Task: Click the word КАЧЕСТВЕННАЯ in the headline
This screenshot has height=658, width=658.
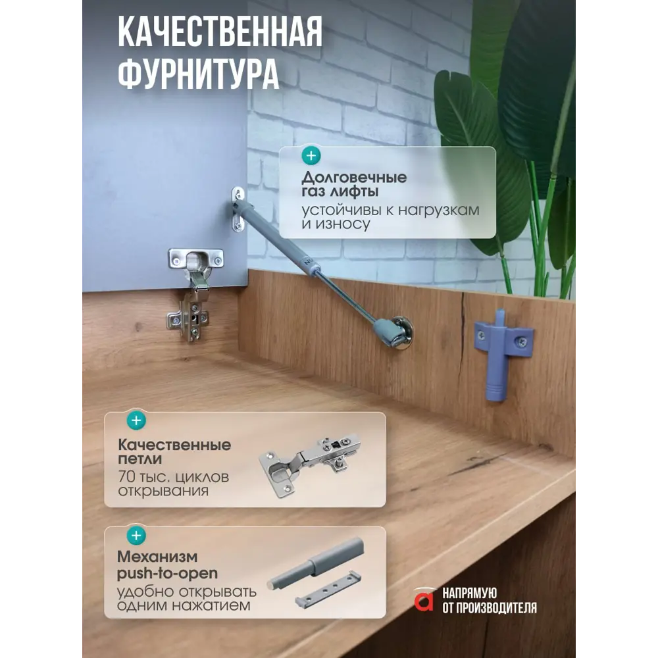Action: (220, 32)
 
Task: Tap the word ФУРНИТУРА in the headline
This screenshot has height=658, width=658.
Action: (199, 73)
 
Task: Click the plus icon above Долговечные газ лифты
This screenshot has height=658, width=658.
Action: (311, 156)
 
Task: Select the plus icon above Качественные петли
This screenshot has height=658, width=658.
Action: (136, 420)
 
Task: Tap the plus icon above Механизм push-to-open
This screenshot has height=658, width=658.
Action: (136, 536)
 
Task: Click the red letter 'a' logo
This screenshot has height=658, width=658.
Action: (424, 599)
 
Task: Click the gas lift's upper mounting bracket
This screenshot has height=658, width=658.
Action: (238, 209)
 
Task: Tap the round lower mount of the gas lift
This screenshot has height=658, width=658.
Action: (400, 333)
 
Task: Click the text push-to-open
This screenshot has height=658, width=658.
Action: (167, 573)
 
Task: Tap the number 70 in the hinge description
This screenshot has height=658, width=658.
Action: (126, 476)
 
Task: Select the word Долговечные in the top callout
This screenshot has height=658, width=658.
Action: (354, 177)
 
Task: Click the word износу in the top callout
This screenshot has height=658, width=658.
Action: (343, 224)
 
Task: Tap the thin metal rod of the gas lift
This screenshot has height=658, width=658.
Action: (345, 297)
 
